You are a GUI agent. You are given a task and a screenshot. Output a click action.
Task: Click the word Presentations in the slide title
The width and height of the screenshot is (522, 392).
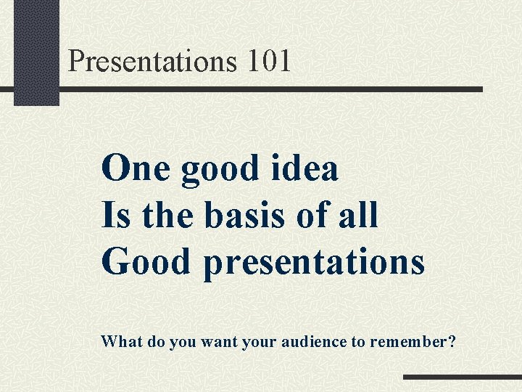(x=152, y=61)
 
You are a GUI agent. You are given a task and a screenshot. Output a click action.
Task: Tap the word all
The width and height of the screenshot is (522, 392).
(x=358, y=215)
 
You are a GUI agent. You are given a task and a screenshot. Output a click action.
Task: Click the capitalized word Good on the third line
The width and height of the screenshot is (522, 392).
(x=148, y=261)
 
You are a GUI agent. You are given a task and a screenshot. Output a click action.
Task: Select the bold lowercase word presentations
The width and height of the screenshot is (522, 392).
(x=314, y=263)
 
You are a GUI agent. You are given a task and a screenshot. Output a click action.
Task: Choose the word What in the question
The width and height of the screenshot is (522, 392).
(x=122, y=340)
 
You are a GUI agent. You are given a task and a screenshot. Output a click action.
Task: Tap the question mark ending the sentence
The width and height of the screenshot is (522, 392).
(x=452, y=340)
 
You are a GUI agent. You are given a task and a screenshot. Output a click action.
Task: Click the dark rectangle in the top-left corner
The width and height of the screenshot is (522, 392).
(x=36, y=51)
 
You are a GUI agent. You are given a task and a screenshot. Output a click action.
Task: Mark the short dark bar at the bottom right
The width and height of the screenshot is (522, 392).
(x=462, y=377)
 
